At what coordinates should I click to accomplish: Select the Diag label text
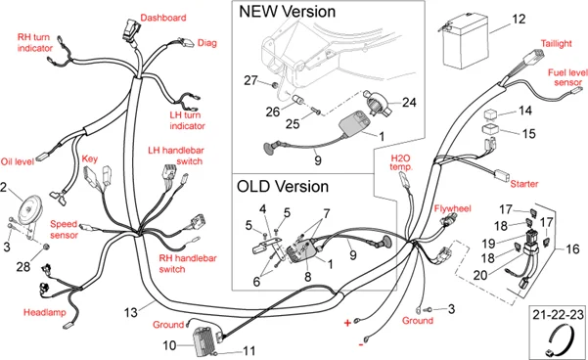pyautogui.click(x=207, y=42)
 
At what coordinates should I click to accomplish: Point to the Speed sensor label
pyautogui.click(x=64, y=229)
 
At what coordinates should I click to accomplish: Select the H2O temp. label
pyautogui.click(x=402, y=161)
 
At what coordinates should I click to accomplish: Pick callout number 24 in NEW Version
pyautogui.click(x=409, y=101)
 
